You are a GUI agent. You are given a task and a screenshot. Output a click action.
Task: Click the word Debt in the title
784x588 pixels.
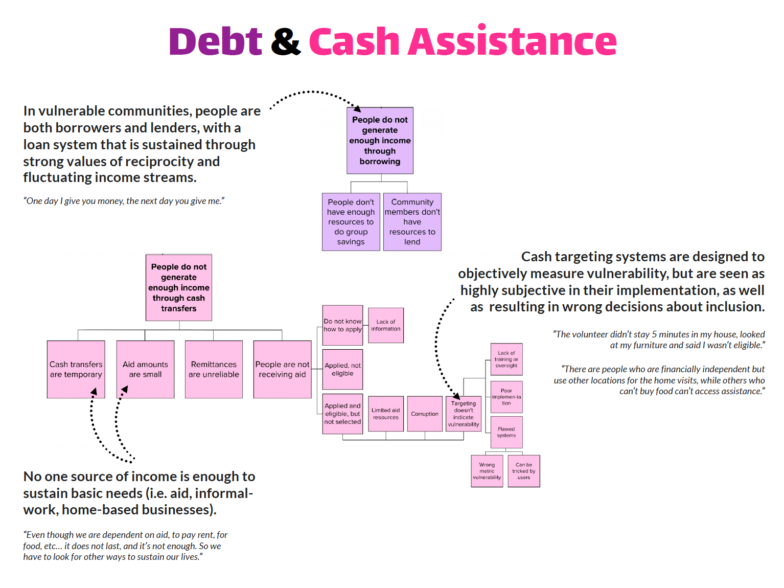tap(215, 41)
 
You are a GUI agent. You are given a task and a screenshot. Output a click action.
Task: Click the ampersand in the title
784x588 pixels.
tap(285, 41)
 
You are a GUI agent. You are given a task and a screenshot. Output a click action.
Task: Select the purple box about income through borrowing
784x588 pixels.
tap(380, 141)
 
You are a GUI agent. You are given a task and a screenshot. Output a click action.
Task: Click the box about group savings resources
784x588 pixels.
tap(351, 222)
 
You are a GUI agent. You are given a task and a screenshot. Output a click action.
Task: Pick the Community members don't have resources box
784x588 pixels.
tap(412, 222)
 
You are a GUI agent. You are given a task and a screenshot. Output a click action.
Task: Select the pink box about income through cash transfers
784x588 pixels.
tap(179, 288)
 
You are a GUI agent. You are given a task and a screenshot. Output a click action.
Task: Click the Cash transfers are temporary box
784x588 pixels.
tap(76, 369)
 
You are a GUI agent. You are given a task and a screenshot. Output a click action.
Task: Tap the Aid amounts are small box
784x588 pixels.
tap(145, 369)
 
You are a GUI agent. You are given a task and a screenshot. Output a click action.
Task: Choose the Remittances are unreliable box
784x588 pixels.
tap(214, 369)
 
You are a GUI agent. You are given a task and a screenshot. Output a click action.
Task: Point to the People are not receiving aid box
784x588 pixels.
tap(282, 369)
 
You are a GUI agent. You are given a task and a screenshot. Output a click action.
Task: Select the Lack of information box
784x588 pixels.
tap(386, 325)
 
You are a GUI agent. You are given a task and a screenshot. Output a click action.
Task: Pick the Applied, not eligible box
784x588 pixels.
tap(342, 369)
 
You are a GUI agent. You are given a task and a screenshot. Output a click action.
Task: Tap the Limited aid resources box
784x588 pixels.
tap(386, 414)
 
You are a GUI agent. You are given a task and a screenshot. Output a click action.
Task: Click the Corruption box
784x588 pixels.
tap(425, 414)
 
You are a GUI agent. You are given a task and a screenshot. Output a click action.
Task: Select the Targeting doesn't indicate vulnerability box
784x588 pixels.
tap(464, 414)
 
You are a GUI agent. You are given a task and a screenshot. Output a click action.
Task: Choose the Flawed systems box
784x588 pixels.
tap(506, 433)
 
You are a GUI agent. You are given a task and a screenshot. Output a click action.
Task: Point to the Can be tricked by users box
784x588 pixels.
tap(524, 471)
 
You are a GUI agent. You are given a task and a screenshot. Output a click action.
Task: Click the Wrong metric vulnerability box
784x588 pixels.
tap(487, 471)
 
